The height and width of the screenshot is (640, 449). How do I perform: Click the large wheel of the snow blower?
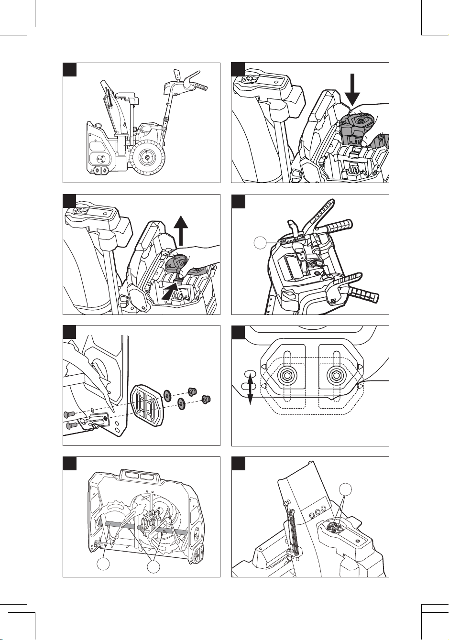pos(148,158)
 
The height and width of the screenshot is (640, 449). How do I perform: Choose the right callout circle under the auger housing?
pos(153,567)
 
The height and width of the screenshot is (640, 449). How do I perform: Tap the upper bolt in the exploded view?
pos(69,414)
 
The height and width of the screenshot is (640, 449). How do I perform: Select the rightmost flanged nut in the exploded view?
pos(207,399)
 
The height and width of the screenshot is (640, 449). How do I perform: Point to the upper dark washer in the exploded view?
pos(167,395)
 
